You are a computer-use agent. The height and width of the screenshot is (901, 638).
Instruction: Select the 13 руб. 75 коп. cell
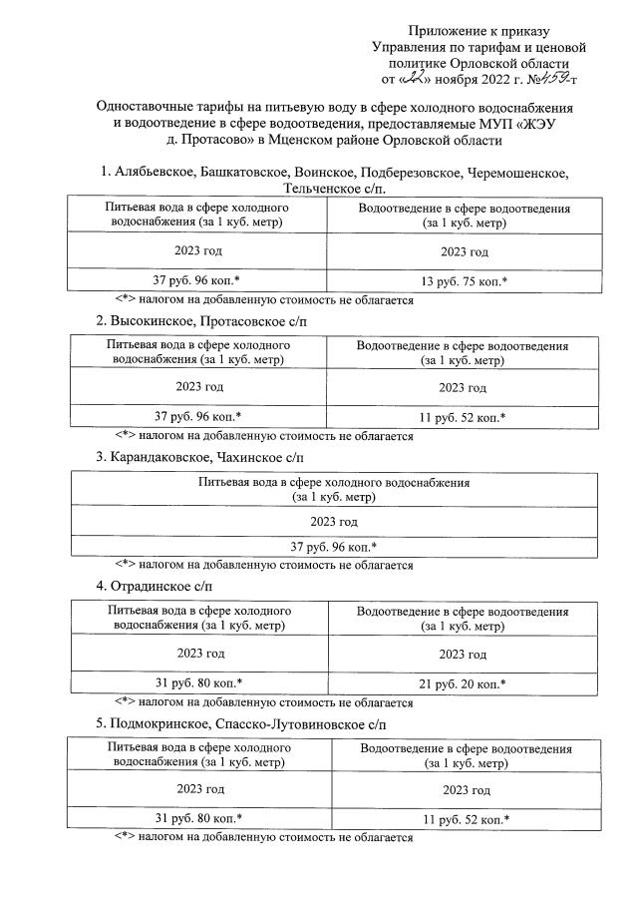[x=463, y=281]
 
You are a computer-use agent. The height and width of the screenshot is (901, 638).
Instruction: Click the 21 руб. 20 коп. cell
[x=463, y=683]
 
